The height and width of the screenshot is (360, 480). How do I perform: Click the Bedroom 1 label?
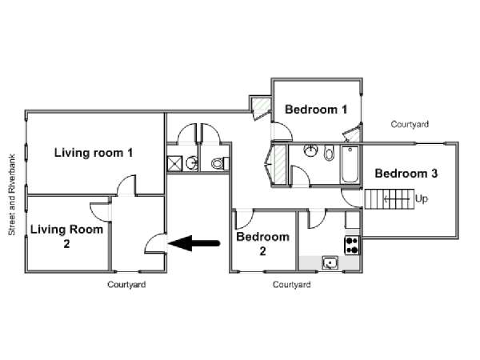coord(316,110)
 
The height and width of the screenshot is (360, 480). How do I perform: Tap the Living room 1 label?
coord(94,153)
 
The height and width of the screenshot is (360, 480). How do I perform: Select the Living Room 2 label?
coord(66,236)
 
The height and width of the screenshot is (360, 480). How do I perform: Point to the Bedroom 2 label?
coord(262,244)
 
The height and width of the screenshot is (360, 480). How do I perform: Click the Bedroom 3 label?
coord(406,174)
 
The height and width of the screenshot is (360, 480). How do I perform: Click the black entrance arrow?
coord(194,243)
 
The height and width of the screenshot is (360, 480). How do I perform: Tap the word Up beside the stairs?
coord(422,199)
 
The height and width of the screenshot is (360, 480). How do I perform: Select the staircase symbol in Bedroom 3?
coord(389,199)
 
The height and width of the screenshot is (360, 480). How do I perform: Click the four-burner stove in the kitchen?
coord(352,246)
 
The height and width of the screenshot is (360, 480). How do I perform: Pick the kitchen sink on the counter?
coord(330,263)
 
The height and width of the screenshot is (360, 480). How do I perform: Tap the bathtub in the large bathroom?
coord(350,164)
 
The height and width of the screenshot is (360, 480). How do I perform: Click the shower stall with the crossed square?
coord(174,163)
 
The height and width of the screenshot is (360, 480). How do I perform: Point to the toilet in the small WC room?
coord(220,163)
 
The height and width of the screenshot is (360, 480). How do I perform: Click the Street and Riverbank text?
coord(12,194)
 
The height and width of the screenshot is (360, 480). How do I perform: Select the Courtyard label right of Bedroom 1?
coord(410,124)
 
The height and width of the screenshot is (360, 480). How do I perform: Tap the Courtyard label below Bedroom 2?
coord(291,284)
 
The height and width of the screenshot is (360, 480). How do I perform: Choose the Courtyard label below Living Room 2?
coord(126,284)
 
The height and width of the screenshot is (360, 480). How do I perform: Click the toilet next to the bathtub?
coord(329,153)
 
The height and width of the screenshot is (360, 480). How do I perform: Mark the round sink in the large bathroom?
coord(311,150)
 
